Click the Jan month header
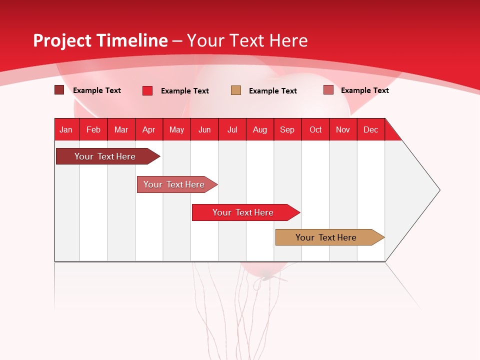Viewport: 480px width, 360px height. click(x=66, y=129)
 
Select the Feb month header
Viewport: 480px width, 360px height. click(x=93, y=129)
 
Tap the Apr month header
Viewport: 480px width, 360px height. click(x=148, y=129)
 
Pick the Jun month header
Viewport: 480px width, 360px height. click(x=204, y=129)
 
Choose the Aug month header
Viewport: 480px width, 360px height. click(x=259, y=129)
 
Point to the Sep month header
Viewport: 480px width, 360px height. click(x=287, y=129)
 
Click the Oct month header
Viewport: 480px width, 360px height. click(x=315, y=129)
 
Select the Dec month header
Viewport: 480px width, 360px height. click(x=370, y=129)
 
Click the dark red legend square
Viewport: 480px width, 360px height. click(x=59, y=90)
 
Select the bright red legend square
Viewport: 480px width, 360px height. click(x=147, y=90)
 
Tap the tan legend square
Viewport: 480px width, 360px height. click(x=236, y=90)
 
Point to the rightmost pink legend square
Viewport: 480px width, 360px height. click(x=328, y=90)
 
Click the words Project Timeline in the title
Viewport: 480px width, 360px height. click(x=100, y=40)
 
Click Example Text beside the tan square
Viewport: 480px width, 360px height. click(x=273, y=91)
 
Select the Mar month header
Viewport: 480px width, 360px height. click(x=121, y=129)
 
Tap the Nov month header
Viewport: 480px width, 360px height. click(x=343, y=129)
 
